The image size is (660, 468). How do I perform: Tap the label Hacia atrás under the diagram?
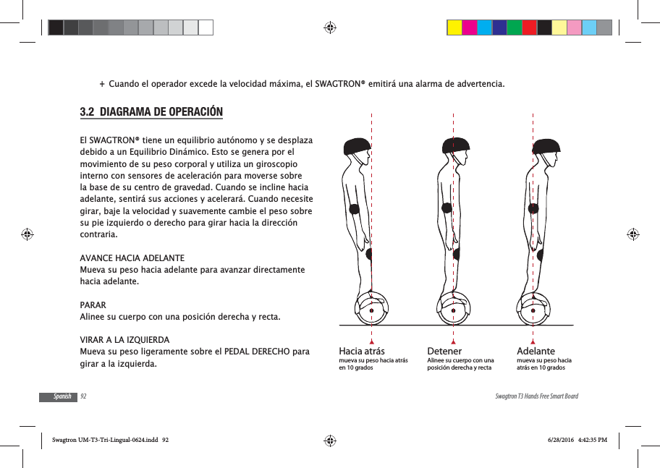pyautogui.click(x=362, y=351)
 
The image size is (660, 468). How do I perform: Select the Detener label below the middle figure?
pyautogui.click(x=444, y=351)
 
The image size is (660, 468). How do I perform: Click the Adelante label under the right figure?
pyautogui.click(x=536, y=351)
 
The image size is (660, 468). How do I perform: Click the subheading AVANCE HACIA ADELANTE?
pyautogui.click(x=131, y=258)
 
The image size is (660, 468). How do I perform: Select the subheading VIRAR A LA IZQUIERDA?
pyautogui.click(x=124, y=340)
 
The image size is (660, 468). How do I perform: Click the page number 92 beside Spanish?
pyautogui.click(x=83, y=396)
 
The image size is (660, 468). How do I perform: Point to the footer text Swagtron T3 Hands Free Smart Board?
pyautogui.click(x=536, y=396)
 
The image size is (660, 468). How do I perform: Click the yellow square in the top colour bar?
pyautogui.click(x=454, y=27)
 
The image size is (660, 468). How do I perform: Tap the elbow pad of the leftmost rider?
pyautogui.click(x=355, y=210)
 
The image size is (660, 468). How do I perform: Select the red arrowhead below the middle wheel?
pyautogui.click(x=453, y=340)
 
